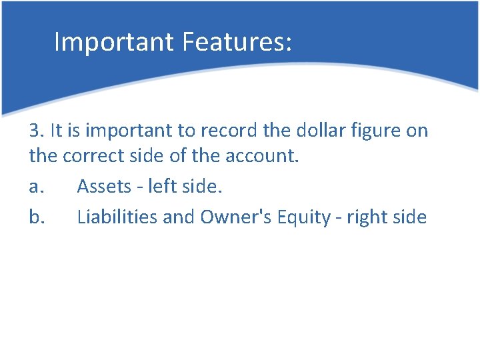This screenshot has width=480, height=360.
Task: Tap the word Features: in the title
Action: click(x=233, y=41)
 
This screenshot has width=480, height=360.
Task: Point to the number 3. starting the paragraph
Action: click(x=36, y=131)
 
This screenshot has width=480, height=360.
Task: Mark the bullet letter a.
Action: click(x=36, y=187)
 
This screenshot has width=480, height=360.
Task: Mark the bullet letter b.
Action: click(x=36, y=217)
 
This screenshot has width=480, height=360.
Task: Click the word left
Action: click(x=161, y=187)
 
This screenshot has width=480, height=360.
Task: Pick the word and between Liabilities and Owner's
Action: click(x=178, y=217)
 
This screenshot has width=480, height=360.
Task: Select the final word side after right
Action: click(x=410, y=217)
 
